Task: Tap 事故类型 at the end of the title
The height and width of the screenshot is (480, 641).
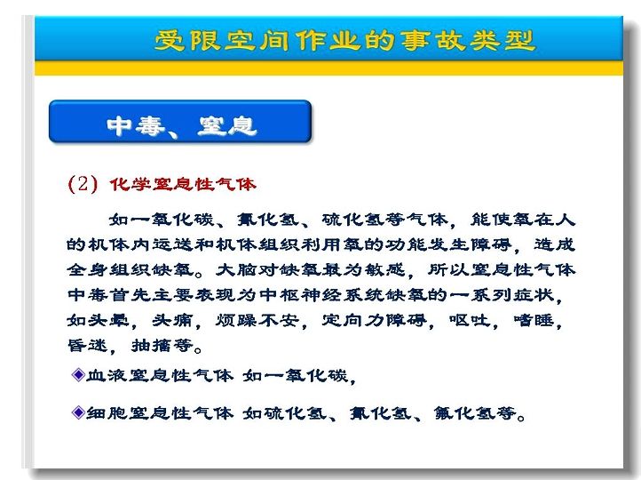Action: tap(467, 41)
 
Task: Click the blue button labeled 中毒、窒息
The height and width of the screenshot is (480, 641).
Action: tap(180, 122)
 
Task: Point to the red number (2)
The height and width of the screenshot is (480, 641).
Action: tap(83, 184)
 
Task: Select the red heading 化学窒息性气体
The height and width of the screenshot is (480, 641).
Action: tap(182, 184)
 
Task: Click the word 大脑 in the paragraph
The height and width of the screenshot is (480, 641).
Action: tap(236, 269)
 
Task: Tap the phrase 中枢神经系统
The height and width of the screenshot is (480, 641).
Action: tap(321, 294)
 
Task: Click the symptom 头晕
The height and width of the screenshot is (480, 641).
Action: tap(108, 320)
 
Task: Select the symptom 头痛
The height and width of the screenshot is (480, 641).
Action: tap(171, 320)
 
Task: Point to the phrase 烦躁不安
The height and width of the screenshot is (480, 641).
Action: tap(257, 320)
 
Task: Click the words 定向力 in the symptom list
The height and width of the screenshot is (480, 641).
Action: tap(353, 320)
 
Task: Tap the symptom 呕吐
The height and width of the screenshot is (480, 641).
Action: tap(470, 320)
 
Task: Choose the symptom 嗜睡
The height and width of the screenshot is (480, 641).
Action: tap(533, 320)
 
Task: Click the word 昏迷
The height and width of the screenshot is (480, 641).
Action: tap(88, 346)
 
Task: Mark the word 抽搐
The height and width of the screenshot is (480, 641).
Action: tap(151, 346)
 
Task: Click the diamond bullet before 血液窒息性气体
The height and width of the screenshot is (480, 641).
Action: tap(77, 374)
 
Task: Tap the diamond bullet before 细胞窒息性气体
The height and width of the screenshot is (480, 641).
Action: tap(77, 412)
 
